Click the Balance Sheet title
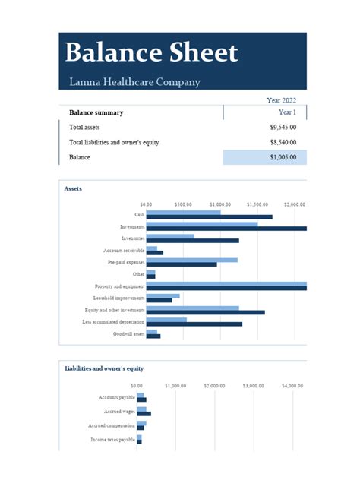pyautogui.click(x=151, y=52)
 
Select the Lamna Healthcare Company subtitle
pyautogui.click(x=134, y=82)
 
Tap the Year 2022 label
pyautogui.click(x=281, y=100)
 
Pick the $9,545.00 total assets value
pyautogui.click(x=283, y=128)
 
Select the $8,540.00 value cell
pyautogui.click(x=283, y=142)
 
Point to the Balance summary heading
pyautogui.click(x=96, y=112)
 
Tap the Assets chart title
pyautogui.click(x=74, y=188)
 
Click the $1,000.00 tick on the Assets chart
pyautogui.click(x=220, y=204)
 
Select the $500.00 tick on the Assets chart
pyautogui.click(x=183, y=204)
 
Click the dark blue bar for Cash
pyautogui.click(x=209, y=217)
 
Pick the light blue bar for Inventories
pyautogui.click(x=170, y=236)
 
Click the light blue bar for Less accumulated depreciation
pyautogui.click(x=166, y=320)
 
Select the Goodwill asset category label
pyautogui.click(x=128, y=334)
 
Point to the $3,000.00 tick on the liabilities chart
pyautogui.click(x=253, y=386)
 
